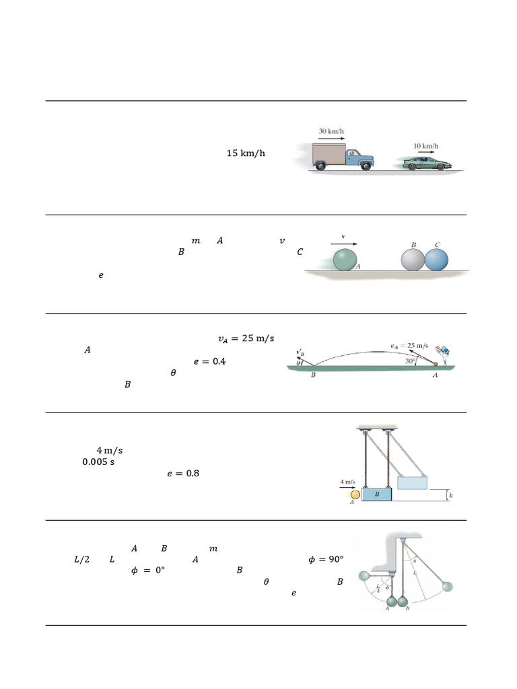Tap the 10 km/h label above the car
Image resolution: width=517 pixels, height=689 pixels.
tap(425, 146)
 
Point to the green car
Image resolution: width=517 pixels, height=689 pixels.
tap(427, 164)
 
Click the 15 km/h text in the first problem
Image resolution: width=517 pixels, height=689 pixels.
tap(246, 153)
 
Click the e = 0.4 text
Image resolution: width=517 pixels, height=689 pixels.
tap(209, 361)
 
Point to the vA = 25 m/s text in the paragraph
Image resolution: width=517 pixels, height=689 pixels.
tap(246, 338)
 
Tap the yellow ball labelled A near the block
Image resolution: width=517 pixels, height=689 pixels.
tap(355, 495)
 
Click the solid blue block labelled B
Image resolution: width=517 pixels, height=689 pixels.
tap(377, 494)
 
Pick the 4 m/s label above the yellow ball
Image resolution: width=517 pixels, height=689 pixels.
tap(348, 482)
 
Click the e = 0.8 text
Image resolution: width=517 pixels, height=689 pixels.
tap(183, 474)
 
